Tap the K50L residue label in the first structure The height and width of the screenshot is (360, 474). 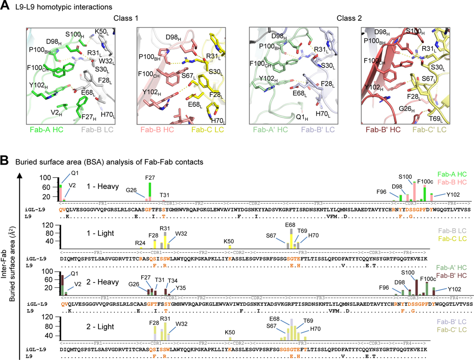coord(103,32)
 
